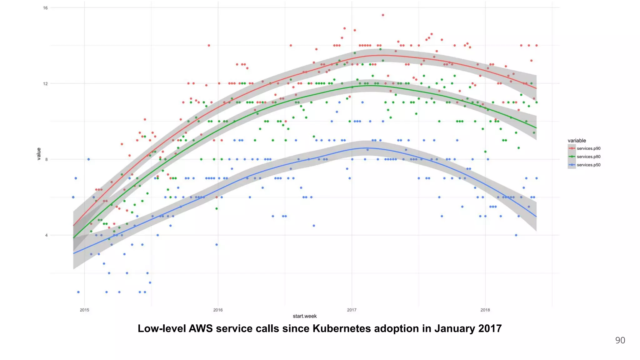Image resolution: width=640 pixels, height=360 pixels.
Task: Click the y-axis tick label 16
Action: click(45, 8)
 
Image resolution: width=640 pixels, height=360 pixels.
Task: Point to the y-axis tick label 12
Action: click(45, 83)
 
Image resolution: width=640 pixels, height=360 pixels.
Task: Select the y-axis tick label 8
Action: click(46, 159)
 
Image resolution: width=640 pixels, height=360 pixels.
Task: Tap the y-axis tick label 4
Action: click(46, 235)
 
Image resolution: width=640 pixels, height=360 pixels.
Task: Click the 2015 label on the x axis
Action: click(84, 310)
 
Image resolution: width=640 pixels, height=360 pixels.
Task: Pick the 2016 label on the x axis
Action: click(218, 310)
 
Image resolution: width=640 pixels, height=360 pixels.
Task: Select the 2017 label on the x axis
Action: click(352, 310)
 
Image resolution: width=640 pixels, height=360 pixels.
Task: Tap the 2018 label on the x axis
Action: click(485, 310)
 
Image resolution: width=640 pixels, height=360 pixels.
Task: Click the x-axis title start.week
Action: click(305, 316)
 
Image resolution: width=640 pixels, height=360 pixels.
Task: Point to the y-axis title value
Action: click(39, 154)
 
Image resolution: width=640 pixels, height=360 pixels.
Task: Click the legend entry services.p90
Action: click(588, 148)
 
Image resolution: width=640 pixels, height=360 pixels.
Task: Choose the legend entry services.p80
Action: click(588, 157)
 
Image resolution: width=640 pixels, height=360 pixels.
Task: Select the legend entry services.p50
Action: click(588, 165)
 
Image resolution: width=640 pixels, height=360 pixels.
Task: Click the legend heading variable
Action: click(577, 141)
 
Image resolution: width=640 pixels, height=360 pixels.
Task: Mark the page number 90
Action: click(620, 340)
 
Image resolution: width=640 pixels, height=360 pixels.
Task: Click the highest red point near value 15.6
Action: click(383, 15)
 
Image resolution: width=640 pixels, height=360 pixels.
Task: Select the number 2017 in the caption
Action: click(490, 329)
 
